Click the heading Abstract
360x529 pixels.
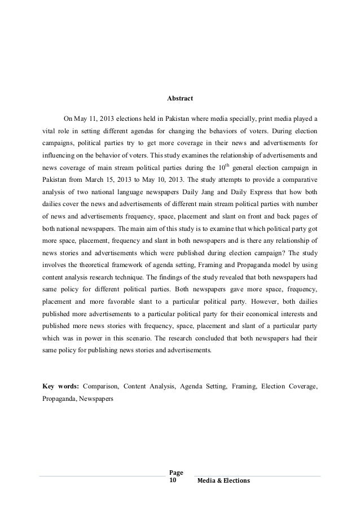point(180,99)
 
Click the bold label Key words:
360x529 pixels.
point(60,387)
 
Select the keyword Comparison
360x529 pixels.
point(100,387)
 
